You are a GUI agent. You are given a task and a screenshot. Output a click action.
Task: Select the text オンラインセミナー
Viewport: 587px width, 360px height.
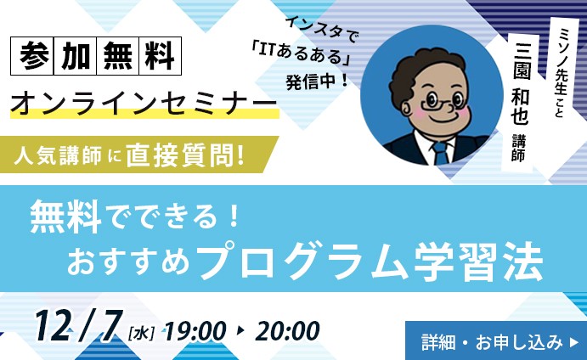144,104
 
